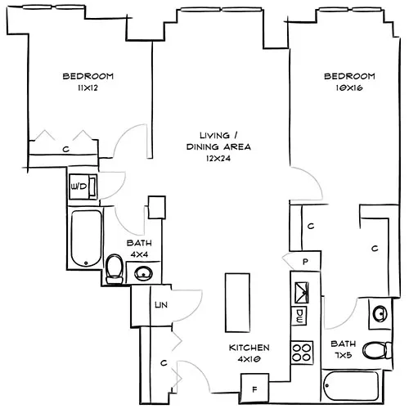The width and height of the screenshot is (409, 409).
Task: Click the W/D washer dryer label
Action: click(x=79, y=187)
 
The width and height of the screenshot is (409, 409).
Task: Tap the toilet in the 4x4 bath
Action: click(x=115, y=267)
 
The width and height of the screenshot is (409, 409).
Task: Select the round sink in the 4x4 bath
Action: click(x=142, y=272)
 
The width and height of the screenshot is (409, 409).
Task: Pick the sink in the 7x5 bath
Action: click(x=380, y=313)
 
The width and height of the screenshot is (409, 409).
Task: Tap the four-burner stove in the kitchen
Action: click(x=302, y=353)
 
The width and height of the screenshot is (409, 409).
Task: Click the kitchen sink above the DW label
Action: click(x=300, y=290)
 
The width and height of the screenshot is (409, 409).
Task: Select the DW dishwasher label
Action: click(x=300, y=315)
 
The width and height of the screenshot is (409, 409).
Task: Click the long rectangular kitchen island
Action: click(x=237, y=299)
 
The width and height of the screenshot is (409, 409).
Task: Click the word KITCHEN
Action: click(x=249, y=348)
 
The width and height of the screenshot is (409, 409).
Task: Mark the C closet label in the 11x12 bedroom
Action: click(x=65, y=149)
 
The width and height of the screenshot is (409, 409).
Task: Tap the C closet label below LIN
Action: click(x=164, y=362)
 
